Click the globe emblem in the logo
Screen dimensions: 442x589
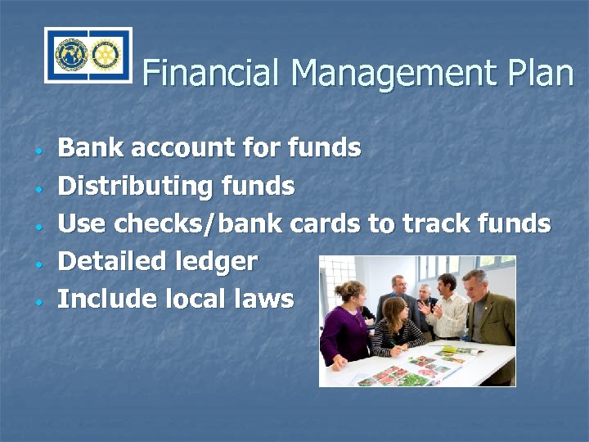[x=71, y=55]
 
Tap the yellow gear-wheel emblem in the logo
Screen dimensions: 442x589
[x=104, y=55]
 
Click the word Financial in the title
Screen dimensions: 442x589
[x=212, y=73]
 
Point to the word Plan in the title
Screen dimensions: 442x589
[x=540, y=73]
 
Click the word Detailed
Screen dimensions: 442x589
[x=111, y=262]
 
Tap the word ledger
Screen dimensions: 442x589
[x=216, y=262]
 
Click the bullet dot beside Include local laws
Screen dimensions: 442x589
[x=38, y=302]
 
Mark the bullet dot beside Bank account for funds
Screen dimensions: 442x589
[x=38, y=151]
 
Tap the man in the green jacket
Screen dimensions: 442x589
[x=490, y=315]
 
